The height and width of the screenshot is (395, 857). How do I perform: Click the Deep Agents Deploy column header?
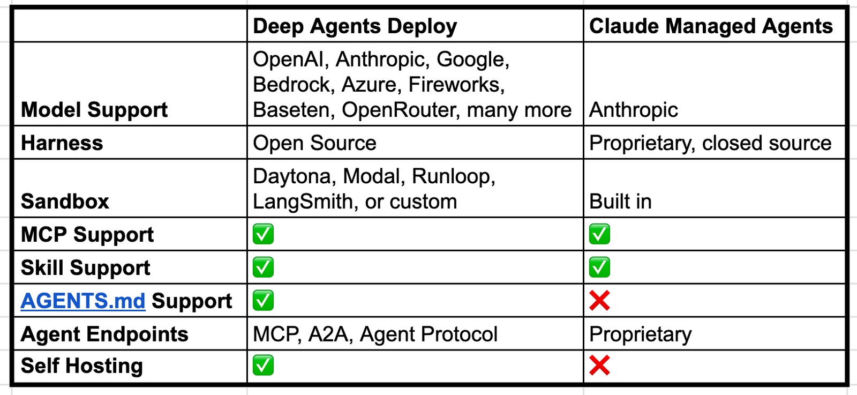(x=355, y=26)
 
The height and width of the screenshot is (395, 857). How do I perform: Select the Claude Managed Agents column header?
(x=711, y=26)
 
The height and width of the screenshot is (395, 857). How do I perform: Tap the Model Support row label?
(x=94, y=110)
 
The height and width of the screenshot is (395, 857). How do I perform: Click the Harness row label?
(x=62, y=143)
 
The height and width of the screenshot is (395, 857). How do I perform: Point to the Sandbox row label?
(x=65, y=202)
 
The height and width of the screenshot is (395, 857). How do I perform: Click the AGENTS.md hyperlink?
(x=83, y=301)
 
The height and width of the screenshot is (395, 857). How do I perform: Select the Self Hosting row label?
(x=82, y=366)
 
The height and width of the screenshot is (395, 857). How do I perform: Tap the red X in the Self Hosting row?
(x=599, y=365)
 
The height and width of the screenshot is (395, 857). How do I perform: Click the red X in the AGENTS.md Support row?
(x=599, y=301)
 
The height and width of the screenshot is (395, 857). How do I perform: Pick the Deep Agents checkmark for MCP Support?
(x=263, y=234)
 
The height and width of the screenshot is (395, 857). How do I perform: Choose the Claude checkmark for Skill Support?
(x=599, y=267)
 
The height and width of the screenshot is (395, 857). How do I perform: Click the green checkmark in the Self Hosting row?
(x=263, y=365)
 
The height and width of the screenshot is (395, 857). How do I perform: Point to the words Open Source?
(x=314, y=143)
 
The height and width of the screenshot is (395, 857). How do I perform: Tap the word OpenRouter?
(x=401, y=110)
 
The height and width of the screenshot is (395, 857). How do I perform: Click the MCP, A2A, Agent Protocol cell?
(x=375, y=334)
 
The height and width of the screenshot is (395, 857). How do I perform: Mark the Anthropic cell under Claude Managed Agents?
(x=634, y=110)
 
